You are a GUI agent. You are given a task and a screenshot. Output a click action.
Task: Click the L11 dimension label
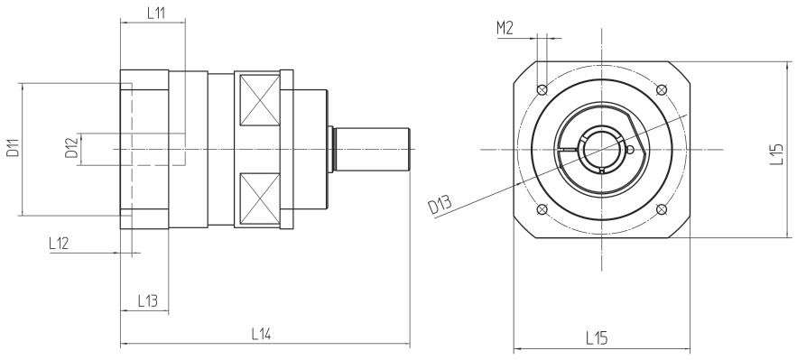pos(157,14)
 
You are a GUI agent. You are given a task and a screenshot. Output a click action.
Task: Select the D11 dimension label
pos(13,146)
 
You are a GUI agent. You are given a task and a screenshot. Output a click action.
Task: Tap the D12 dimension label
pos(71,147)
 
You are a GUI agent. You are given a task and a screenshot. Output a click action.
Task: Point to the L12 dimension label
pos(59,244)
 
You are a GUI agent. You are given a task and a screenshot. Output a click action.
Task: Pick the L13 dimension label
pos(147,301)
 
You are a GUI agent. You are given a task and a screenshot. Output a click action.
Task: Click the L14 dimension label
pos(261,334)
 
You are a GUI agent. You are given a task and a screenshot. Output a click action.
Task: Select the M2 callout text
pos(505,29)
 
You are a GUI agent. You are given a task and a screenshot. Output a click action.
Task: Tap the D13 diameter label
pos(440,206)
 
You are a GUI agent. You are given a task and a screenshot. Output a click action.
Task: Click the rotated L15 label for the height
pos(776,155)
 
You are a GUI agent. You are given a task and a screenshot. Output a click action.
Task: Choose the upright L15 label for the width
pos(597,337)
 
